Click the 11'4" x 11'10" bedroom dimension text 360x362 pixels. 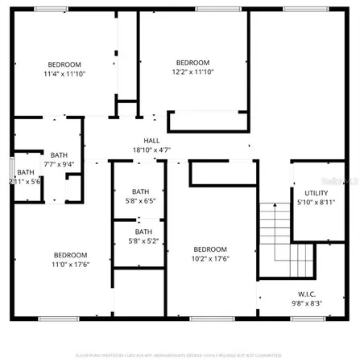coord(64,74)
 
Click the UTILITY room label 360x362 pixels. coord(316,194)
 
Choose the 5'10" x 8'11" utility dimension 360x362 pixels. coord(316,203)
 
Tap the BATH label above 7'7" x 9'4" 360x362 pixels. coord(59,155)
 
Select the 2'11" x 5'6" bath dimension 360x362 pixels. coord(24,182)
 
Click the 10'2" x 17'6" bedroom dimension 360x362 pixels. coord(211,258)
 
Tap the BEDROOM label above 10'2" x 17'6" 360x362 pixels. coord(211,249)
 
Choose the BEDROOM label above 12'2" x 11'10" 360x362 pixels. coord(192,63)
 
